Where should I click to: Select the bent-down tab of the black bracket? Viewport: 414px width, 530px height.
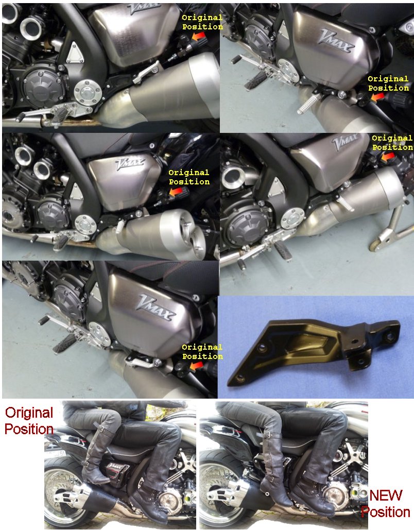click(363, 360)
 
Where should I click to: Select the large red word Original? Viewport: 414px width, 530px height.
click(29, 413)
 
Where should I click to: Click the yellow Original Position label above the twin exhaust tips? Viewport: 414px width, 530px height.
click(189, 177)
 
